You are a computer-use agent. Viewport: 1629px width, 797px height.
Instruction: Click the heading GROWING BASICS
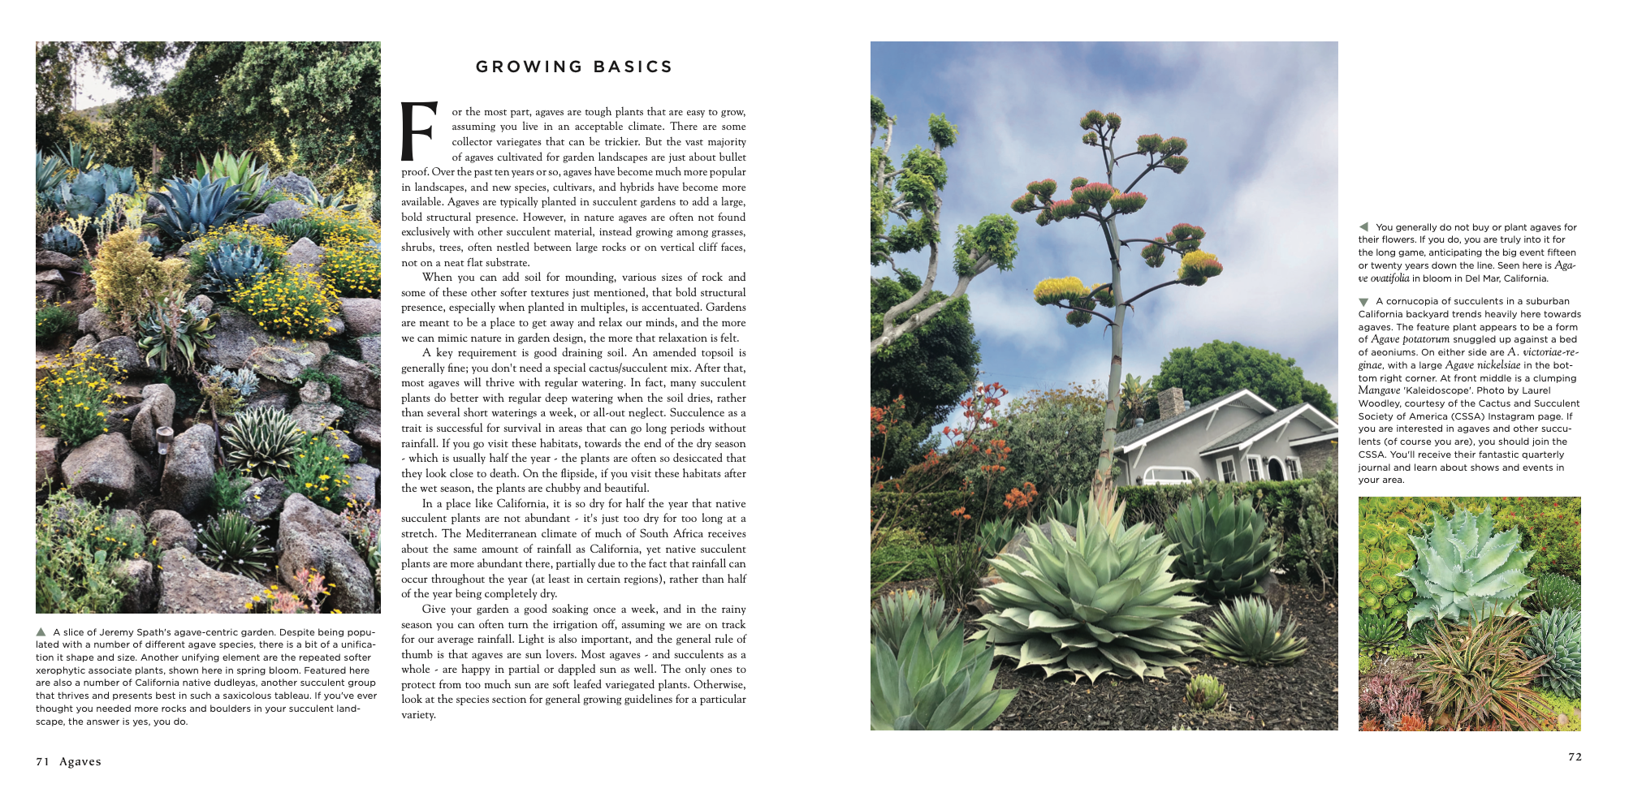(574, 67)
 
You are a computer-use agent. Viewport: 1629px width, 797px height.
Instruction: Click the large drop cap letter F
(419, 131)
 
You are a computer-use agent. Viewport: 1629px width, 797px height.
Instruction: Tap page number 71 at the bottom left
(42, 761)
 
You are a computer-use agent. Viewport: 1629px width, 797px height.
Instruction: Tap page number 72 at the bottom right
(1575, 756)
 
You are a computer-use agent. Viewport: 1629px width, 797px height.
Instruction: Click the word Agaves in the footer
(80, 761)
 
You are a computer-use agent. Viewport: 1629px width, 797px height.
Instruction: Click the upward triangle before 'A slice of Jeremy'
(41, 631)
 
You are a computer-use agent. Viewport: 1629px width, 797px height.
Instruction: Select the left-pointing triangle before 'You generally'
(1363, 226)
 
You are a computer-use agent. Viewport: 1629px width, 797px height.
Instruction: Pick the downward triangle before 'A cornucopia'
(1363, 302)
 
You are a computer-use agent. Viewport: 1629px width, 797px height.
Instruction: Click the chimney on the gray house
(1170, 403)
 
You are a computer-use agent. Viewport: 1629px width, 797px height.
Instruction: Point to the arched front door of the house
(1275, 468)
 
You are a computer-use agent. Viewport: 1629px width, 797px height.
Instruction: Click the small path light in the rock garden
(163, 439)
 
